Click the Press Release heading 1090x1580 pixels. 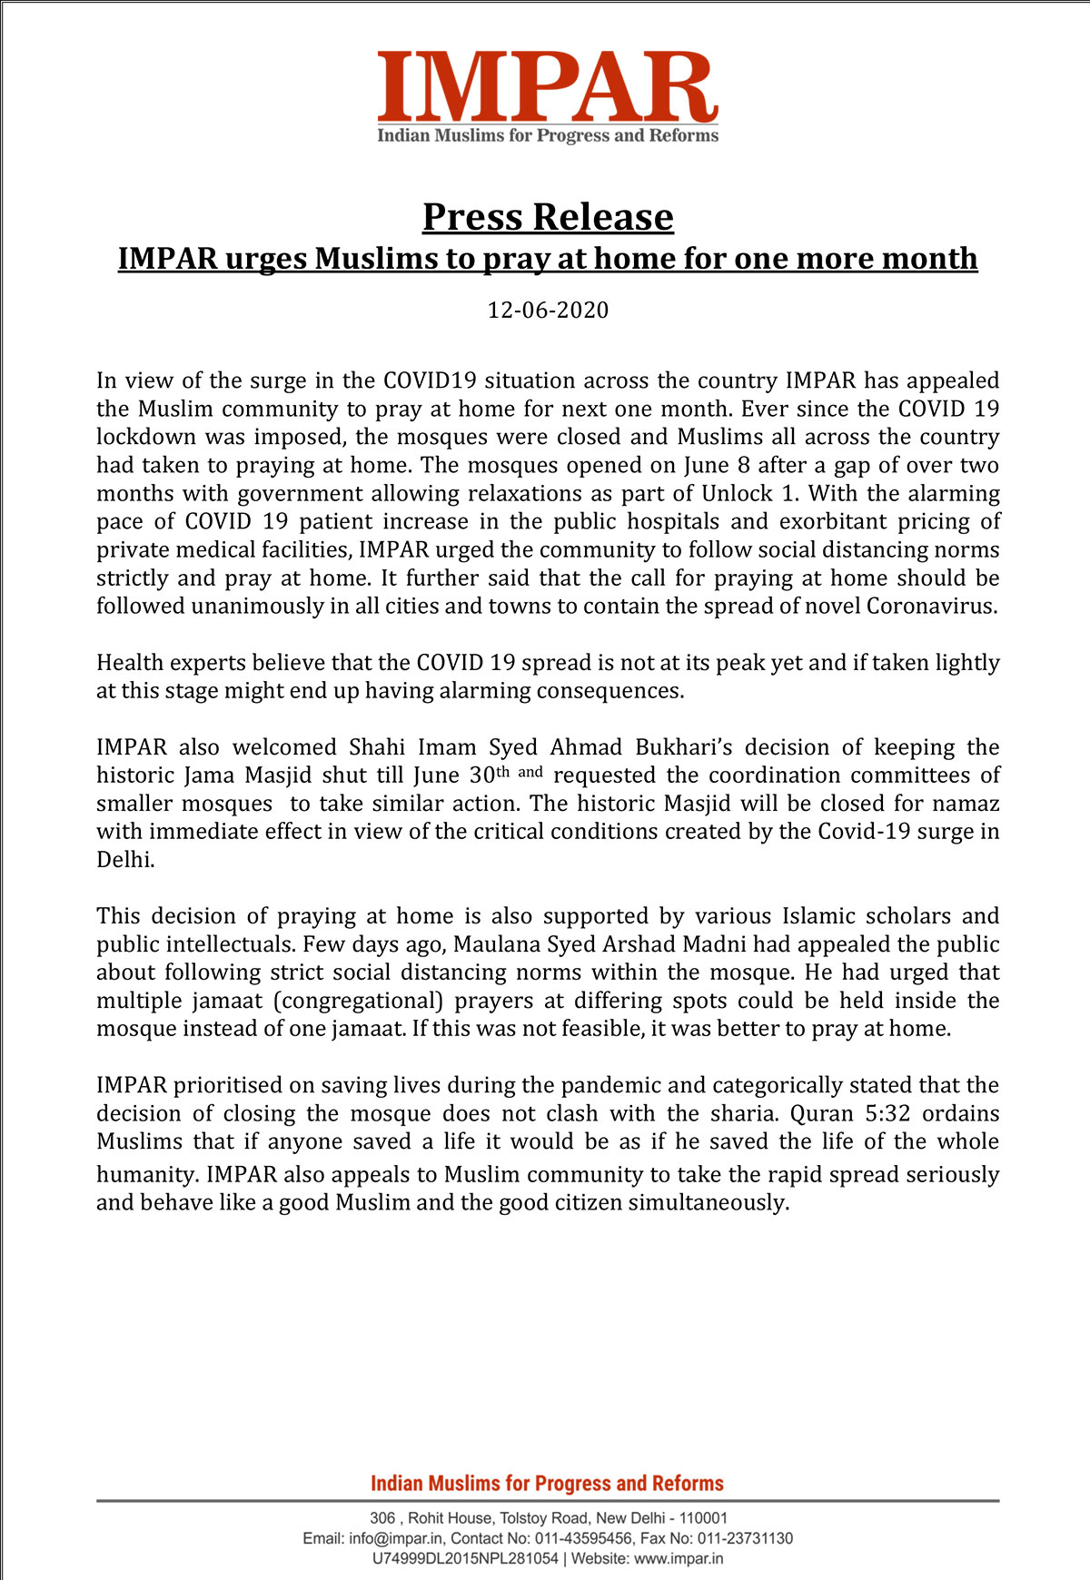548,217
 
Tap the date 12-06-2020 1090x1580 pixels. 548,311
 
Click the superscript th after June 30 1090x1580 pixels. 502,772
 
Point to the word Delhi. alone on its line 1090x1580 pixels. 125,860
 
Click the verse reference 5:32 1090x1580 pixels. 887,1113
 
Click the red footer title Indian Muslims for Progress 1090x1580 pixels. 547,1484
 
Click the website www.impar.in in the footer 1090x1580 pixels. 679,1559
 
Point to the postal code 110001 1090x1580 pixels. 703,1518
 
